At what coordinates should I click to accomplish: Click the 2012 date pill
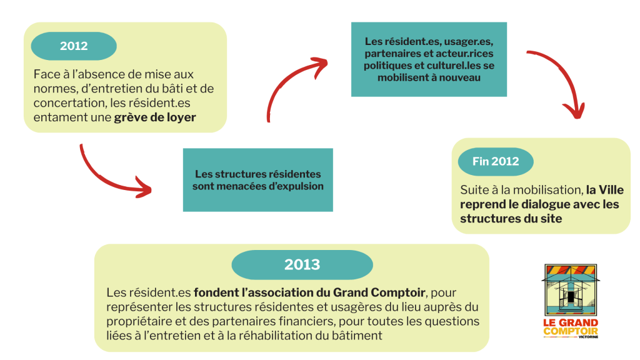pos(74,46)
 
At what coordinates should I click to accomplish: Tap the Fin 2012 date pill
pos(496,161)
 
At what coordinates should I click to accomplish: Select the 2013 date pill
pos(302,264)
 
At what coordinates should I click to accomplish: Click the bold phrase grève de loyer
pos(155,117)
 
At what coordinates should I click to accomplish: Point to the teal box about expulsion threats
pos(257,180)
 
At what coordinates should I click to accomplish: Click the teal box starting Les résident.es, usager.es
pos(429,60)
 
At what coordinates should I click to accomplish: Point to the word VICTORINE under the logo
pos(587,338)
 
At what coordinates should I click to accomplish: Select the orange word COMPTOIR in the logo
pos(570,331)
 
